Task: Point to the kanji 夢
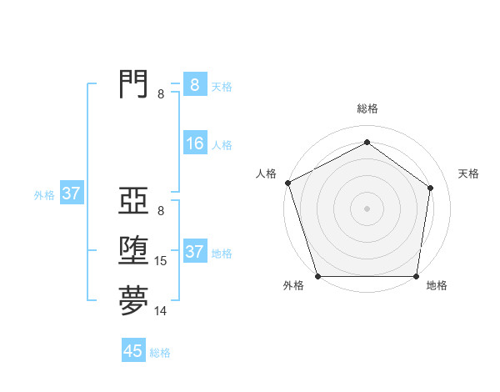click(133, 301)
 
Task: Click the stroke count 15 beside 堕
click(161, 261)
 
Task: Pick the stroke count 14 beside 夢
click(161, 311)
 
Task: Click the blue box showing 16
click(195, 143)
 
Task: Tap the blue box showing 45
click(133, 351)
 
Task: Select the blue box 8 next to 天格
click(195, 85)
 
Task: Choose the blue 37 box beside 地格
click(195, 252)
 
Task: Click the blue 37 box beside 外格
click(72, 194)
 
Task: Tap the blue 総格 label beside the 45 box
click(160, 353)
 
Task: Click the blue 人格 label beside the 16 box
click(222, 145)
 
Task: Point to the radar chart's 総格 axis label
click(367, 109)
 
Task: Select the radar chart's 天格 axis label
click(468, 173)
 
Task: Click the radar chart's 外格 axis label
click(293, 285)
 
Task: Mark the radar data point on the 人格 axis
click(287, 183)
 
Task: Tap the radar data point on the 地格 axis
click(416, 276)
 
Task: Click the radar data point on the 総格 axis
click(367, 143)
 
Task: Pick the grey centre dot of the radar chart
click(367, 208)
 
